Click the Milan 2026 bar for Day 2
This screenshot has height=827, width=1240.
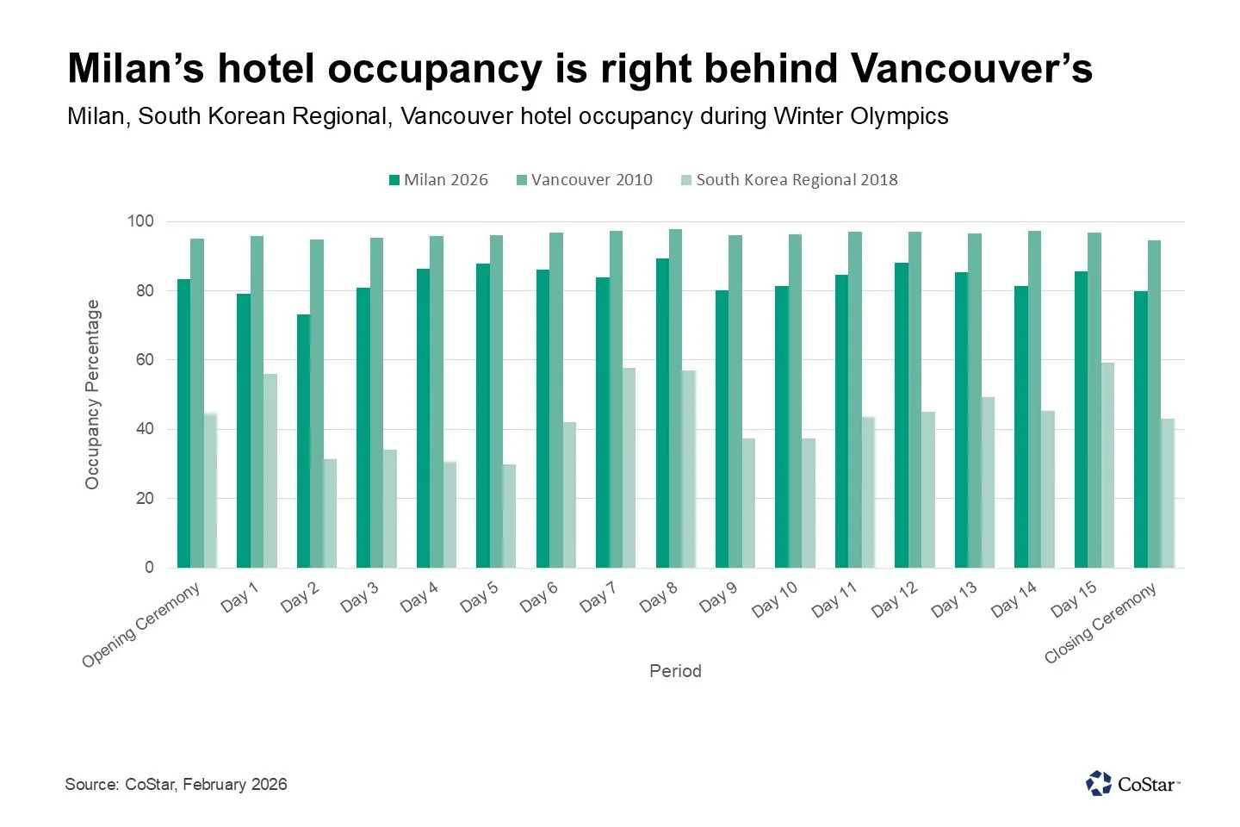point(303,441)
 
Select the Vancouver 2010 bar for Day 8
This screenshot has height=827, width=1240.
point(675,398)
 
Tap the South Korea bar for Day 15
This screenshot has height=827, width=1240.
point(1107,465)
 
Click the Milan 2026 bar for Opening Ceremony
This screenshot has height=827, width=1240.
point(183,423)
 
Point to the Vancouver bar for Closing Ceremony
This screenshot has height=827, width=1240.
point(1154,404)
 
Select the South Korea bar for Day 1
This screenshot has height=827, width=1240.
point(270,470)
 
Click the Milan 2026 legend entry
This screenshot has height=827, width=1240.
point(438,180)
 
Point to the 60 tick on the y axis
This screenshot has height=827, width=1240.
point(144,360)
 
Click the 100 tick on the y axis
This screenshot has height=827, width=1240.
point(140,221)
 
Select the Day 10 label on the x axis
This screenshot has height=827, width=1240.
point(775,599)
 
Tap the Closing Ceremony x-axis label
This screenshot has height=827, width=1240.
point(1100,623)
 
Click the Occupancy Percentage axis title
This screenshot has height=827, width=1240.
point(92,395)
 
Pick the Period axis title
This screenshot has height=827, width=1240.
point(675,671)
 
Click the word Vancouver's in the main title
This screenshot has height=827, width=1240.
point(971,69)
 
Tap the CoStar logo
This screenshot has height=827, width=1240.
point(1132,784)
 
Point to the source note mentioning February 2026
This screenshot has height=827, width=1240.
point(176,784)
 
